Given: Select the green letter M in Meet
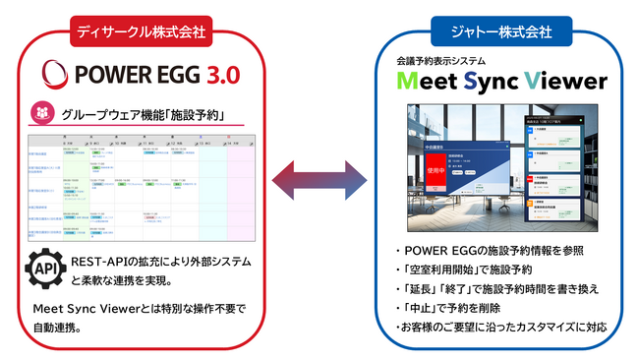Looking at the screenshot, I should (411, 83).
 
